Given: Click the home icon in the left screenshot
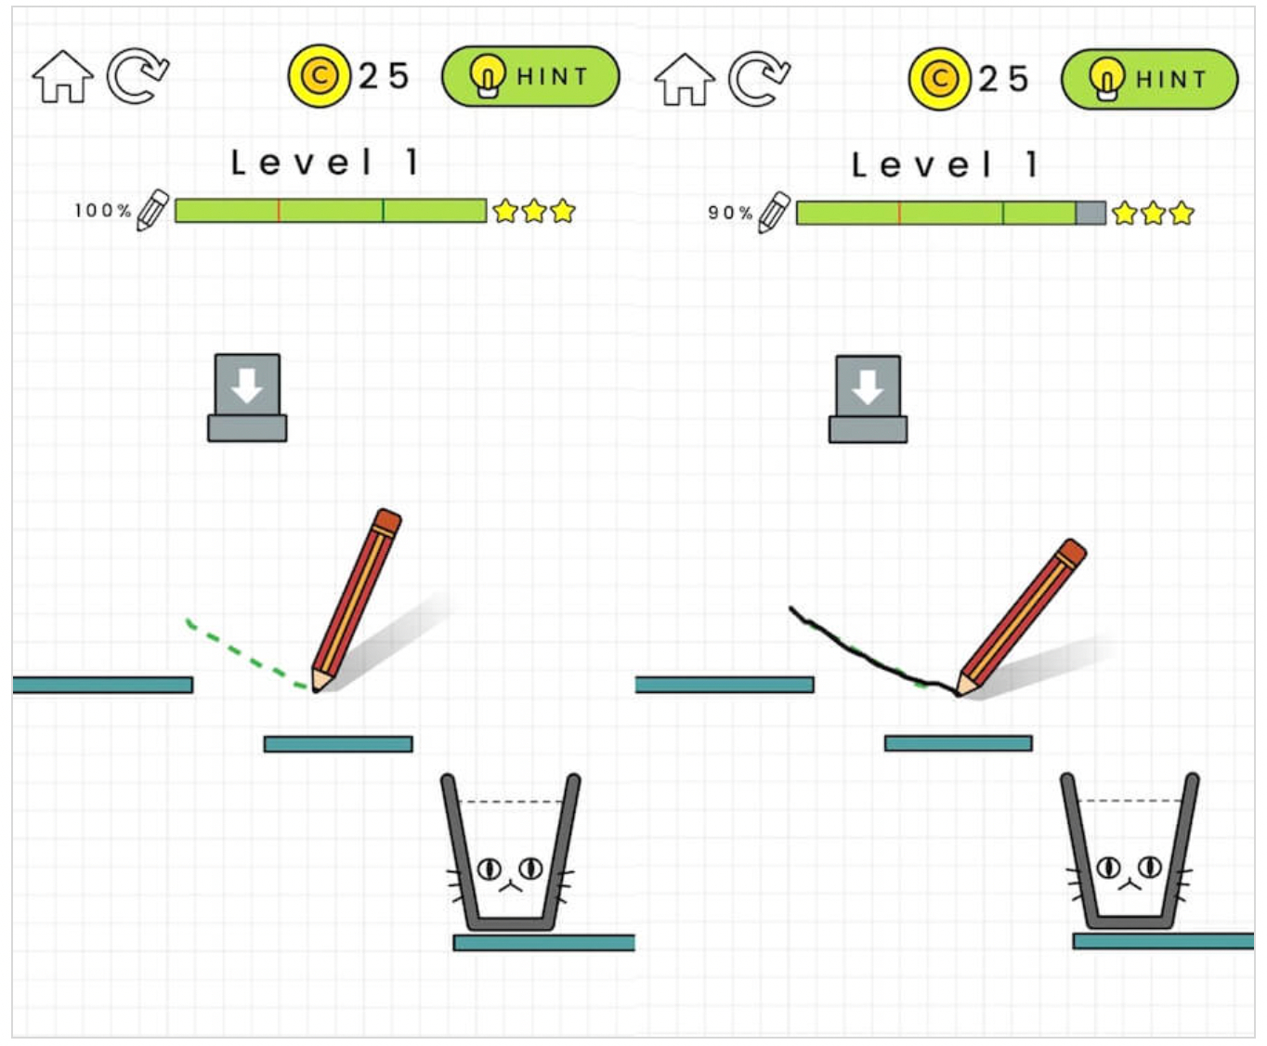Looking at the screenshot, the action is pyautogui.click(x=62, y=77).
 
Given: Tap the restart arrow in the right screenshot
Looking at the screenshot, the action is pyautogui.click(x=759, y=79).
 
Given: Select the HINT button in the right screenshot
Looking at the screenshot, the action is pyautogui.click(x=1149, y=80).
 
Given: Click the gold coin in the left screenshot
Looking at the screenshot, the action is pyautogui.click(x=320, y=76).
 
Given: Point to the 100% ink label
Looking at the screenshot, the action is pyautogui.click(x=102, y=211).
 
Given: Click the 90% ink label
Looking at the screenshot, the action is pyautogui.click(x=730, y=213).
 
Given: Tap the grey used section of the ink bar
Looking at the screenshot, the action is pyautogui.click(x=1091, y=214).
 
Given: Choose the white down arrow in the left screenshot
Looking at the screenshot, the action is pyautogui.click(x=247, y=386).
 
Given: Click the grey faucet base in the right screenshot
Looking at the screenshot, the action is pyautogui.click(x=869, y=429).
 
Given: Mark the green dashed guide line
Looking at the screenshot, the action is pyautogui.click(x=242, y=655).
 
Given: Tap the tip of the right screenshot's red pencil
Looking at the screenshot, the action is pyautogui.click(x=959, y=693).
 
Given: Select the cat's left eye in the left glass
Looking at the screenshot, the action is pyautogui.click(x=489, y=869).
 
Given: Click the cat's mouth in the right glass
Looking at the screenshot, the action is pyautogui.click(x=1130, y=886).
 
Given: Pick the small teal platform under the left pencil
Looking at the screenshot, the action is pyautogui.click(x=338, y=744).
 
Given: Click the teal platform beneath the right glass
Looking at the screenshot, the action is pyautogui.click(x=1163, y=941).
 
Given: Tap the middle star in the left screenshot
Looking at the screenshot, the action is pyautogui.click(x=534, y=211).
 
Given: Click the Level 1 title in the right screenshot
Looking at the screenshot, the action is pyautogui.click(x=945, y=165).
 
